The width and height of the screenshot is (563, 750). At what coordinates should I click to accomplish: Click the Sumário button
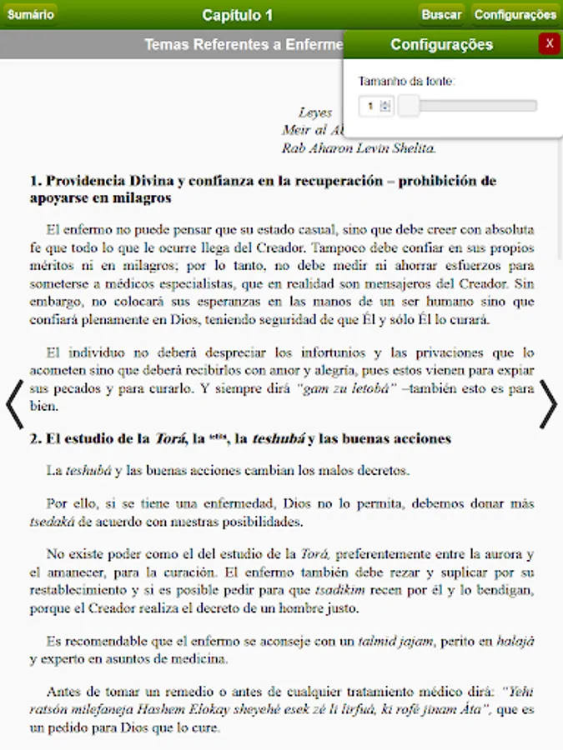click(x=30, y=14)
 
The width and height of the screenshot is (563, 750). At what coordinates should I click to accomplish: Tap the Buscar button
click(x=441, y=14)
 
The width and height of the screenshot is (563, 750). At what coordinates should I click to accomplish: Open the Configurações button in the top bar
click(x=515, y=14)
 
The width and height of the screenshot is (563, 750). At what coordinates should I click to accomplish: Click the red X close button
click(x=549, y=44)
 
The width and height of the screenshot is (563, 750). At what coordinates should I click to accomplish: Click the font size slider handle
click(x=409, y=106)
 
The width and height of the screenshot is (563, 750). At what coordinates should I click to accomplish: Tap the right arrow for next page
click(x=548, y=405)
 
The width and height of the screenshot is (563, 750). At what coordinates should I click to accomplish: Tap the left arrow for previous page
click(x=14, y=405)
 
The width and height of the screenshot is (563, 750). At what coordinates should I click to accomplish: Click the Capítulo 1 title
click(x=237, y=15)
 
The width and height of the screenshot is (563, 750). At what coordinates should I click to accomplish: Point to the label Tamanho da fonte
click(x=406, y=82)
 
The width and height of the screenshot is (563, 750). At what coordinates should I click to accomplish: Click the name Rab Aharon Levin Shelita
click(x=359, y=148)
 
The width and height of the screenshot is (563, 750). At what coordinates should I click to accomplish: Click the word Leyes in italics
click(x=315, y=112)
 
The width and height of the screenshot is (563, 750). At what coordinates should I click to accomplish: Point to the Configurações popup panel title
click(x=441, y=45)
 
